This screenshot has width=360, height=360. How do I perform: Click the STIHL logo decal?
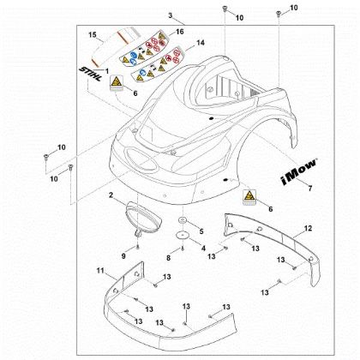pyautogui.click(x=90, y=75)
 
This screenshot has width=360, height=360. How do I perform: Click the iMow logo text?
pyautogui.click(x=299, y=172)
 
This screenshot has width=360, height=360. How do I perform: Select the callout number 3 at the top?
pyautogui.click(x=171, y=15)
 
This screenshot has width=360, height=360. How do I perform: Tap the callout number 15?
pyautogui.click(x=93, y=35)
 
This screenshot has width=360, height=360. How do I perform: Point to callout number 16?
pyautogui.click(x=180, y=32)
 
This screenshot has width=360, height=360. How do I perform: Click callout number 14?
pyautogui.click(x=201, y=43)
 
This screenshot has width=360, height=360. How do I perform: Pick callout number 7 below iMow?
pyautogui.click(x=309, y=189)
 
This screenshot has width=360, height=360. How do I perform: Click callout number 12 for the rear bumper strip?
pyautogui.click(x=308, y=228)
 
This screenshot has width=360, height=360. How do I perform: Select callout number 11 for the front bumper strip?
pyautogui.click(x=100, y=270)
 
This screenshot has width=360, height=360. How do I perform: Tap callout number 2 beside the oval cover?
pyautogui.click(x=111, y=195)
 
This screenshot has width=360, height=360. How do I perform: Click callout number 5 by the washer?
pyautogui.click(x=201, y=231)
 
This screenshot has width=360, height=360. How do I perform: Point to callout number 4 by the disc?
pyautogui.click(x=203, y=249)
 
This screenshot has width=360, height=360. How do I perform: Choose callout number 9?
pyautogui.click(x=123, y=256)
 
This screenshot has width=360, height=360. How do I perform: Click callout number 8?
pyautogui.click(x=169, y=258)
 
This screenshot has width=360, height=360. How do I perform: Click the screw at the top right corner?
pyautogui.click(x=278, y=13)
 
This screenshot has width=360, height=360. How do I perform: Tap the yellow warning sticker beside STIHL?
pyautogui.click(x=117, y=84)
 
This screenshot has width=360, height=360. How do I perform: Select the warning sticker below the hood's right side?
pyautogui.click(x=249, y=197)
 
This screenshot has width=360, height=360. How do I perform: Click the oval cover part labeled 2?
pyautogui.click(x=144, y=217)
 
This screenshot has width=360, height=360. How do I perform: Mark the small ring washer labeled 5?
pyautogui.click(x=182, y=220)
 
